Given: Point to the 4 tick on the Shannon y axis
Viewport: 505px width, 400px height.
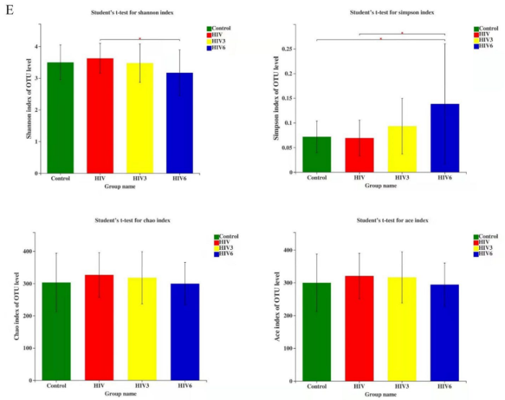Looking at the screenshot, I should click(34, 46).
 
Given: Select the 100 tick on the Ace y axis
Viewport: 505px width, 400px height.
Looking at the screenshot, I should click(290, 348).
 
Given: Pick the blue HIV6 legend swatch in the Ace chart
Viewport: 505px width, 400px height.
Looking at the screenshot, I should click(477, 253).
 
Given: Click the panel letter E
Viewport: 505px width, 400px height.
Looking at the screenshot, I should click(7, 9).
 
